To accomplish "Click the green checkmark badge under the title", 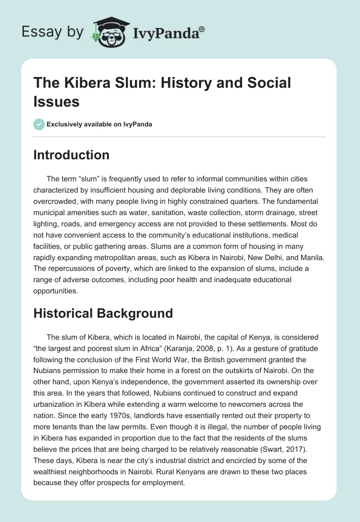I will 39,124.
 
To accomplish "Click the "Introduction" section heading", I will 72,155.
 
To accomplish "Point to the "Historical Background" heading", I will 103,313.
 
